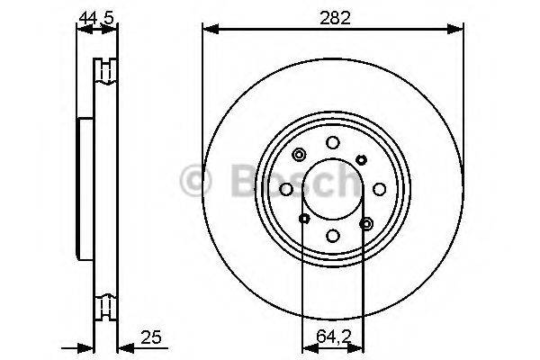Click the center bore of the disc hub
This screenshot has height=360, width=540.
pos(332,189)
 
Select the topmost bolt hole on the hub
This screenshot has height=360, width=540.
pos(332,142)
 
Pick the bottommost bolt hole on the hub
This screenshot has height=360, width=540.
pos(332,236)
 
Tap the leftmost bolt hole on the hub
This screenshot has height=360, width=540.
pos(285,189)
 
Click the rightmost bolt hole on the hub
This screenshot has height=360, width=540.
pos(379,189)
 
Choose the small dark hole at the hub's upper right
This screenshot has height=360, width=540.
pos(361,159)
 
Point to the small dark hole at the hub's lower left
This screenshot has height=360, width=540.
pos(303,219)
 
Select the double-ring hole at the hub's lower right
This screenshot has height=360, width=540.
pos(365,222)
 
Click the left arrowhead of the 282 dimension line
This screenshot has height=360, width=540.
pos(207,30)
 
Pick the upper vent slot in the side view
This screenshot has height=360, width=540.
pos(107,70)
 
